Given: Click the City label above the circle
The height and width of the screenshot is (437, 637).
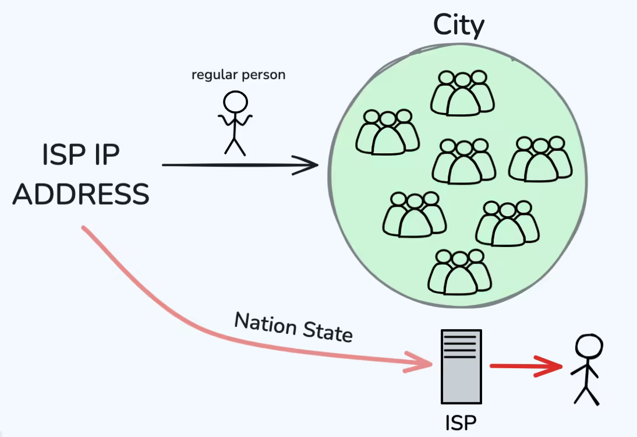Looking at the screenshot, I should pos(458,26).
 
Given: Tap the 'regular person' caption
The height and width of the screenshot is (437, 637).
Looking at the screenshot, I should pos(238,75).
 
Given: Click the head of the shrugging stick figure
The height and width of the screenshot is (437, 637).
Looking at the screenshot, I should pos(236,102).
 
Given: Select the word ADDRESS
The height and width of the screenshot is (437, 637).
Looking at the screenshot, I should pos(81,194).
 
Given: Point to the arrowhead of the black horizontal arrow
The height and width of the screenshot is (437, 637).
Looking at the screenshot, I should pos(309,165).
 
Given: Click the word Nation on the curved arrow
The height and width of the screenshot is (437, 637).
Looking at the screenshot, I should pos(265,323).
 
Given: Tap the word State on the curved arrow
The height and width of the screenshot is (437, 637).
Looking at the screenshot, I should pos(327,332).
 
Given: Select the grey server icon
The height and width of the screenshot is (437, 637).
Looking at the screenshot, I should pos(461,366).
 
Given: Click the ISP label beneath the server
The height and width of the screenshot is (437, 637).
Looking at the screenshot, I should pos(461,422).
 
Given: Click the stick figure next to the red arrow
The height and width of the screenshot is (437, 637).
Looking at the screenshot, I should pos(586,369).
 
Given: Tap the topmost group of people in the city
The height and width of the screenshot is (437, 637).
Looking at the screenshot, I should pos(462,93).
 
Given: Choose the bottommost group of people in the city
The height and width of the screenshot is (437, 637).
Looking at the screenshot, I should pos(459,272).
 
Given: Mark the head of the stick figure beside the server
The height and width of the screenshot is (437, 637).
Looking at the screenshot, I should pos(587,345).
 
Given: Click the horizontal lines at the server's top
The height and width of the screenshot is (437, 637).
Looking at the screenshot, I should pos(461,344).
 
